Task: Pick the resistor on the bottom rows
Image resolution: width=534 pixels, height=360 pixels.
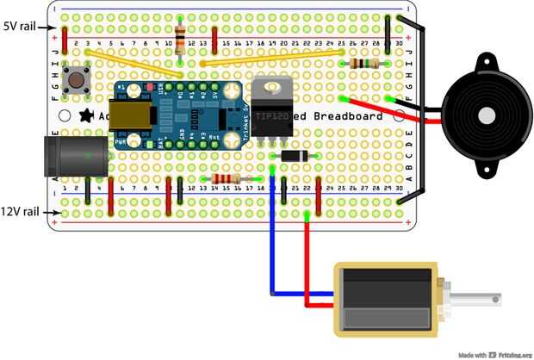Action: (x=226, y=179)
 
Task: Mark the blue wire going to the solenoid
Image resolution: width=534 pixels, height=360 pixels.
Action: (x=273, y=250)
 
